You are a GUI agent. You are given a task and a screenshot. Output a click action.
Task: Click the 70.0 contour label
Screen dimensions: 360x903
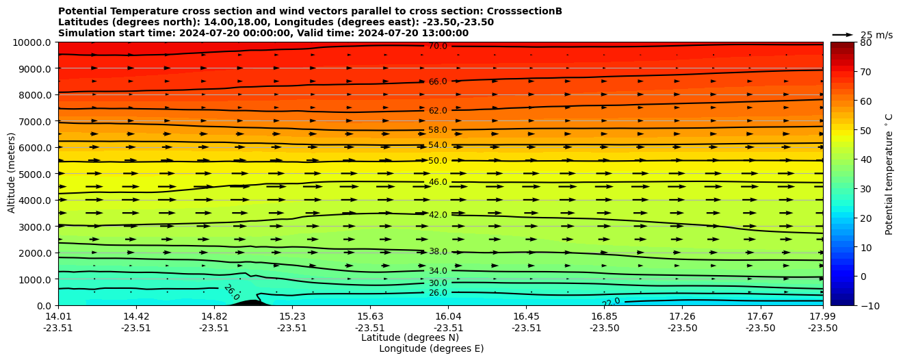pos(438,47)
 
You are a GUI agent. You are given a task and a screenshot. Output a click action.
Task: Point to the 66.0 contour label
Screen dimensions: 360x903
pos(438,82)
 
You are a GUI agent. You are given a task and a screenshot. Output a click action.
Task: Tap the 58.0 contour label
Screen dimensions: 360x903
pos(438,130)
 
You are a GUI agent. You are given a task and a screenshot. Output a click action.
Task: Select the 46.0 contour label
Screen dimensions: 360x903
pos(438,183)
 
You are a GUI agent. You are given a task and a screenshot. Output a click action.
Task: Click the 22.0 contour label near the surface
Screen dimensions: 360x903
pos(611,302)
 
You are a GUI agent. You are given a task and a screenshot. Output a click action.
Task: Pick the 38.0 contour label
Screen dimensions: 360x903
pos(438,252)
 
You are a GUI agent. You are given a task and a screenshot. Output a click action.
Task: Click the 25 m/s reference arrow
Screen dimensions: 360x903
pos(843,35)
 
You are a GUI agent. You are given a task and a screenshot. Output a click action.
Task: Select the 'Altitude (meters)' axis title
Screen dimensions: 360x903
pos(12,174)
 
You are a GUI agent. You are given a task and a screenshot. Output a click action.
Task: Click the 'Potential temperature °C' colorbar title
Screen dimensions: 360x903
pos(889,174)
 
